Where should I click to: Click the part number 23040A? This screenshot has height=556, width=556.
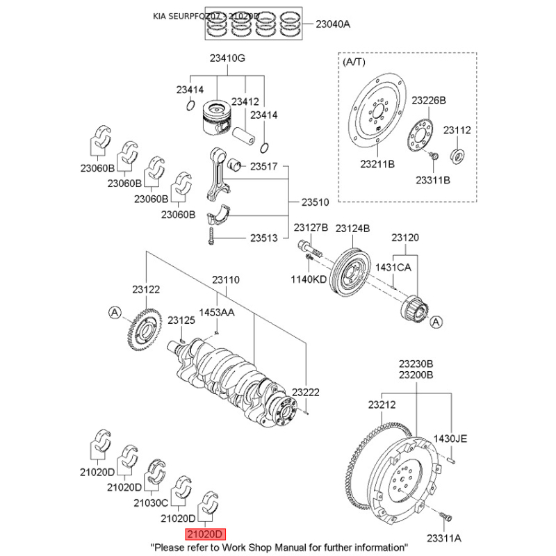333,24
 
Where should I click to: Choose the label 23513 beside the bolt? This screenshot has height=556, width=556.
263,238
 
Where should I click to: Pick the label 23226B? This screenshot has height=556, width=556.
428,100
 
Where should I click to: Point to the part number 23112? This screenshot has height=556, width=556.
457,130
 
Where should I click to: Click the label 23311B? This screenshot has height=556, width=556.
433,179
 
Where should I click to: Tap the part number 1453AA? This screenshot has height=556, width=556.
217,312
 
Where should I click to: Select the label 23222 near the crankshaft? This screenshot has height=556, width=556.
306,392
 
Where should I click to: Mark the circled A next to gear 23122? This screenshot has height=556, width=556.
115,313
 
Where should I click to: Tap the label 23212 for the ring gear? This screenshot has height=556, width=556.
382,404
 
